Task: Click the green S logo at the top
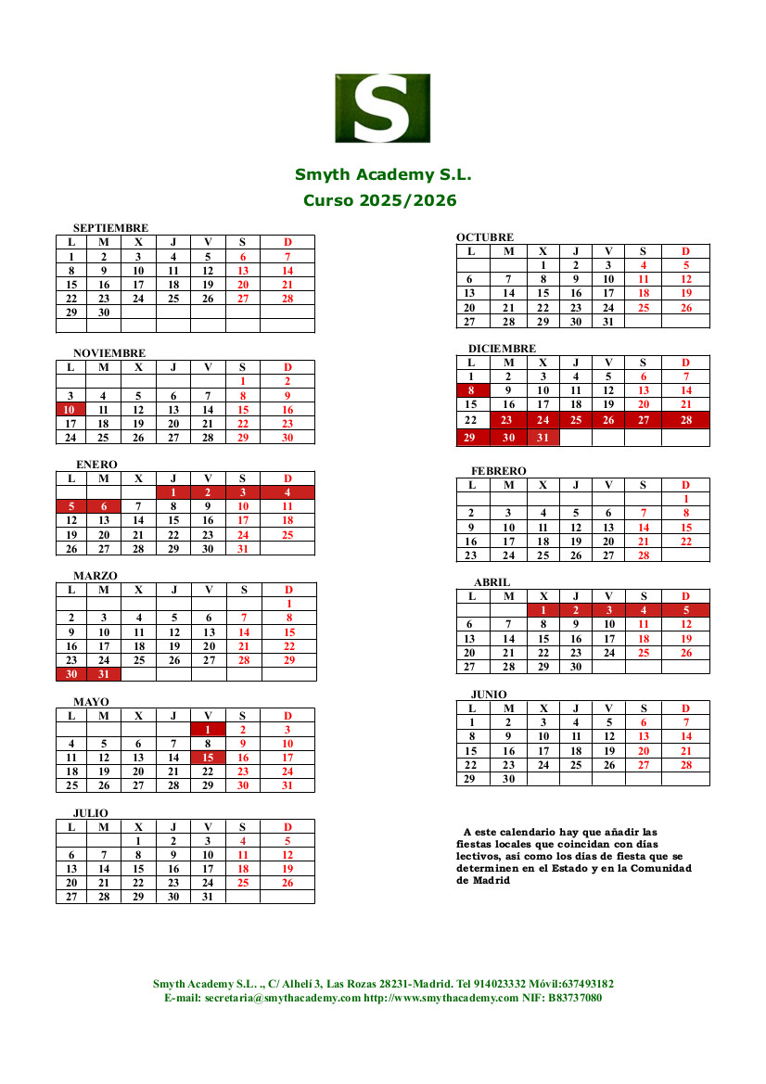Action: coord(382,108)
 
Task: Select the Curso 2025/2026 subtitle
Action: coord(379,200)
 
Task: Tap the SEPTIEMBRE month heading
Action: coord(110,228)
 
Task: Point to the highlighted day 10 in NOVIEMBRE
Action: coord(70,409)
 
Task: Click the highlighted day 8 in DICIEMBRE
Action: coord(471,390)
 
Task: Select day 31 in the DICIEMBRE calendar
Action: coord(543,438)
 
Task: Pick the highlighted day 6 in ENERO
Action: coord(104,506)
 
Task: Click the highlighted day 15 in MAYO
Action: coord(208,758)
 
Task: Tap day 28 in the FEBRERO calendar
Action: coord(643,555)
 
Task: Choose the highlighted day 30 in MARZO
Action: coord(70,674)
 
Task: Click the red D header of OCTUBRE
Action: coord(685,251)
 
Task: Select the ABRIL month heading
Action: coord(492,582)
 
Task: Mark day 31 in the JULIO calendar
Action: coord(208,897)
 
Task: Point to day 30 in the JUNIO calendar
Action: coord(508,779)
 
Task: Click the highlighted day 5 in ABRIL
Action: coord(685,610)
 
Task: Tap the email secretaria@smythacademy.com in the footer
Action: coord(282,998)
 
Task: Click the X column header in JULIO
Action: coord(138,827)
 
